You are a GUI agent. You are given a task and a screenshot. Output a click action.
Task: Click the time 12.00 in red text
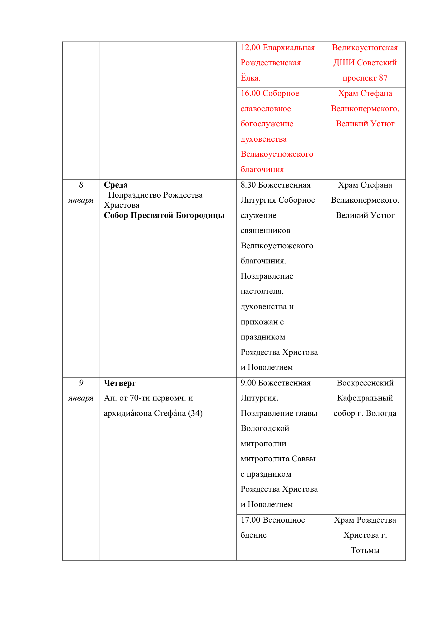click(250, 48)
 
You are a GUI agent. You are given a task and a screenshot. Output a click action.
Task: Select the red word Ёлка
click(250, 78)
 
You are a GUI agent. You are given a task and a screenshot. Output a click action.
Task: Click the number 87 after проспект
click(383, 78)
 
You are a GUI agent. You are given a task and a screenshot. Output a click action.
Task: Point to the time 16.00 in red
click(250, 93)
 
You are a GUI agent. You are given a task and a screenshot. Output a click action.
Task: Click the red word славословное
click(266, 109)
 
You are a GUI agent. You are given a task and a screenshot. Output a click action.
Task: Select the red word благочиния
click(262, 170)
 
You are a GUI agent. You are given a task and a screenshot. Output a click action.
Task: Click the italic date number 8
click(81, 185)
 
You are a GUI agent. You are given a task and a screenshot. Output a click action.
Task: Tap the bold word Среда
click(116, 185)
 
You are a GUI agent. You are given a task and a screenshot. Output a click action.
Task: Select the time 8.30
click(248, 185)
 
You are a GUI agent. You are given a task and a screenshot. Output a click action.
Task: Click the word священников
click(265, 231)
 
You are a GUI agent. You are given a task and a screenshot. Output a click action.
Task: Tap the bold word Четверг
click(120, 383)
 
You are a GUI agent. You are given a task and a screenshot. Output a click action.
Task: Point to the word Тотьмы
click(365, 550)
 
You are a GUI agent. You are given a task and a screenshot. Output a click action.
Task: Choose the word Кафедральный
click(365, 398)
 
